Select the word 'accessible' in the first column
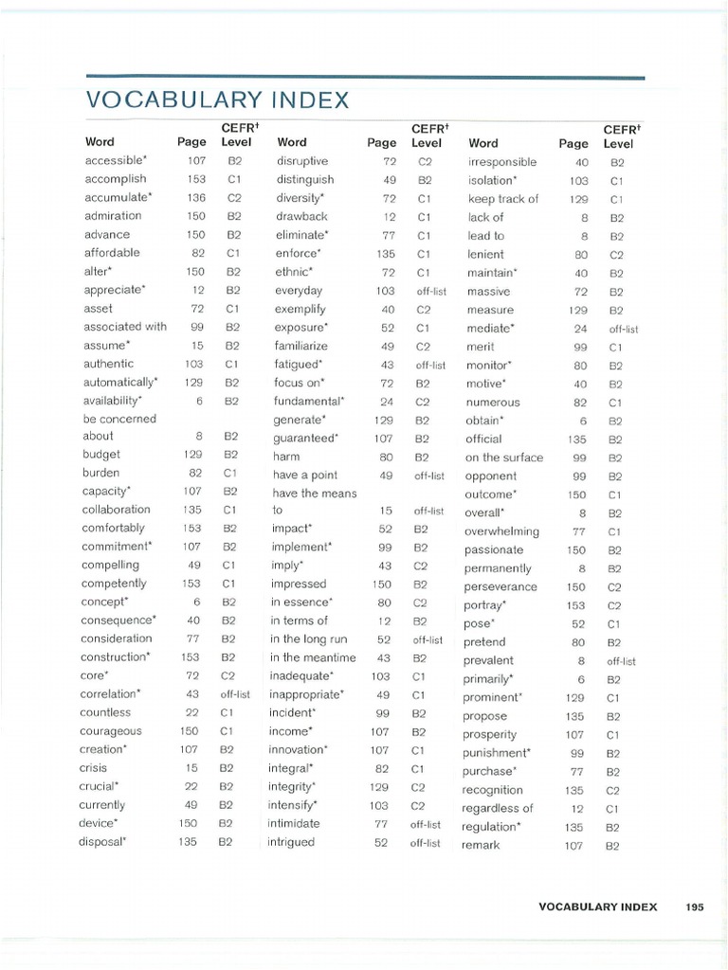coord(116,160)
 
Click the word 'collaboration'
coord(116,510)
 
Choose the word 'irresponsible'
coord(501,162)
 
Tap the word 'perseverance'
coord(500,586)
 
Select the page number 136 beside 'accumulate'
coord(196,197)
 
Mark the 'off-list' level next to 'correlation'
coord(235,694)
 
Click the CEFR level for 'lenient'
coord(616,254)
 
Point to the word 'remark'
coord(480,845)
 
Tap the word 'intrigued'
coord(292,842)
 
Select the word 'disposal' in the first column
coord(102,841)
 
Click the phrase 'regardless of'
coord(497,808)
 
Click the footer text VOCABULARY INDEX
coord(597,907)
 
